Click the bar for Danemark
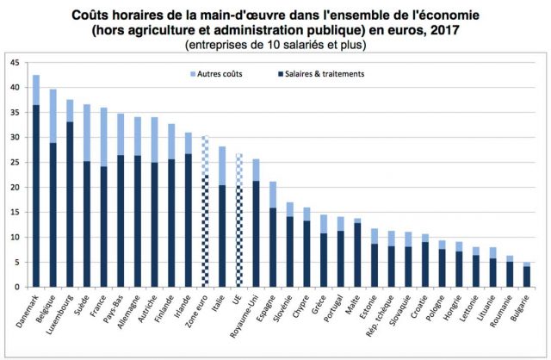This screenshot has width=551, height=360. [x=36, y=181]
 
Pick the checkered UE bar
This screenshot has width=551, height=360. [x=238, y=220]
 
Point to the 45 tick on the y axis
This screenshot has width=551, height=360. [x=15, y=63]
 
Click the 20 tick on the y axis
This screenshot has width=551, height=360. [x=15, y=187]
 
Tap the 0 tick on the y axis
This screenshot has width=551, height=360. [x=18, y=287]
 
